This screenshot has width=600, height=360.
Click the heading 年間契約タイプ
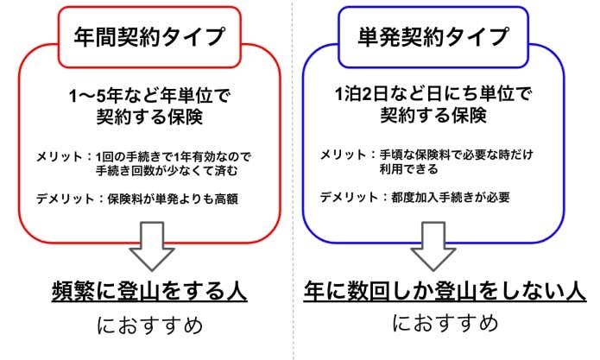coord(149,38)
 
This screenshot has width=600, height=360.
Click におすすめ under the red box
coord(149,326)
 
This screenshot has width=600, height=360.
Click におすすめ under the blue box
coord(445,324)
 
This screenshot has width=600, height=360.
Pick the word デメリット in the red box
coord(62,199)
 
